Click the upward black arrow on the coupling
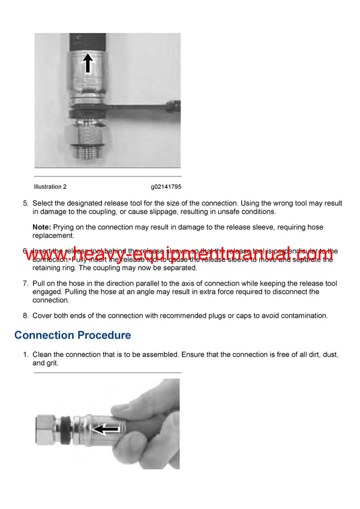88,62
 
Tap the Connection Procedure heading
73,335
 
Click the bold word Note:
41,228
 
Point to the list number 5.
26,203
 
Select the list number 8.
26,316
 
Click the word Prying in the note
64,228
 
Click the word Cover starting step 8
43,316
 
